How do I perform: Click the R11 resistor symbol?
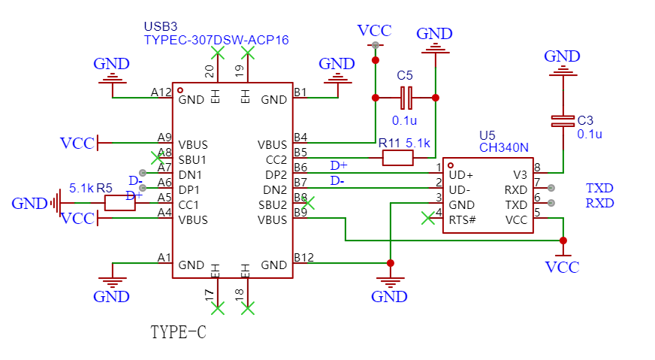(x=397, y=158)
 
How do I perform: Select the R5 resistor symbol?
(x=120, y=203)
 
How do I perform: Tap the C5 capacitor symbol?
(x=406, y=98)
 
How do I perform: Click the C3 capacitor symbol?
(x=563, y=121)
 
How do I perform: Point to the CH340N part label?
(x=504, y=147)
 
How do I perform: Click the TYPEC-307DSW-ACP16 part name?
(x=216, y=40)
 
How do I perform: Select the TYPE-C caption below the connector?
(x=178, y=332)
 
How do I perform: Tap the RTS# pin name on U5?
(x=462, y=220)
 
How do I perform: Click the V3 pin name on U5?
(x=520, y=175)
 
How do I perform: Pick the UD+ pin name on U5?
(x=460, y=175)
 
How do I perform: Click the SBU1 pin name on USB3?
(x=192, y=160)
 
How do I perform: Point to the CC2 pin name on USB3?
(x=276, y=160)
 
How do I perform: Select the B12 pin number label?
(x=303, y=257)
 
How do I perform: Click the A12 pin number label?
(x=161, y=92)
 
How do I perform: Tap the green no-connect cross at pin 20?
(x=218, y=53)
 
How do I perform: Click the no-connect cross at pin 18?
(x=248, y=309)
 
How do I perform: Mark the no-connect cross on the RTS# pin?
(x=427, y=218)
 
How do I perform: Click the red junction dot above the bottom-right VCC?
(x=563, y=241)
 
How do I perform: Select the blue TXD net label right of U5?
(x=599, y=188)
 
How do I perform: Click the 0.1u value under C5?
(x=404, y=120)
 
